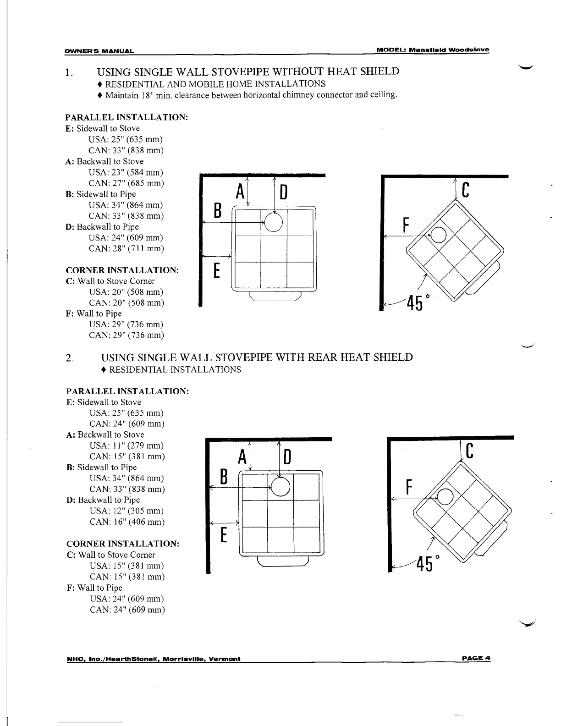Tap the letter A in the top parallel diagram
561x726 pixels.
pos(239,192)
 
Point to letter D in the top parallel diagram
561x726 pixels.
pos(283,192)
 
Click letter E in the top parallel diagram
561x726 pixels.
pos(217,270)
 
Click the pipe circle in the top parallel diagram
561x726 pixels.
pos(274,223)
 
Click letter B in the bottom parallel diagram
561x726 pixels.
pos(224,477)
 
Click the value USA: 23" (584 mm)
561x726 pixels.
pos(126,172)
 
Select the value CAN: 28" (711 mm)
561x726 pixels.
pos(126,248)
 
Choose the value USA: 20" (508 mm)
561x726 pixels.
pos(126,292)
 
